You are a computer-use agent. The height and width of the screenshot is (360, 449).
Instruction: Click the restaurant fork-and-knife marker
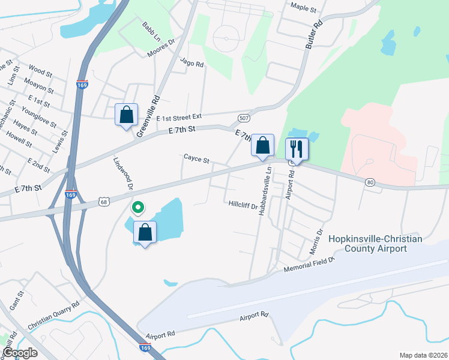(x=297, y=148)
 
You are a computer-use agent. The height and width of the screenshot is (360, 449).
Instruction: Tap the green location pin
(x=137, y=208)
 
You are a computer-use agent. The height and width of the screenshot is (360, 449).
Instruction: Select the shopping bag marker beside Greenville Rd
(x=126, y=114)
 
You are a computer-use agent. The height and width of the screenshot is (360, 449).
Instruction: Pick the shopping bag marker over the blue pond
(x=145, y=232)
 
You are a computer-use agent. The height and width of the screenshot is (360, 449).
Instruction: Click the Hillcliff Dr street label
(x=243, y=205)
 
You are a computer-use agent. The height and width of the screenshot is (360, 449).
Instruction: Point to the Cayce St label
(x=196, y=160)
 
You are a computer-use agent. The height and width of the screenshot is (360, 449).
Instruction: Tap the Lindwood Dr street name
(x=122, y=174)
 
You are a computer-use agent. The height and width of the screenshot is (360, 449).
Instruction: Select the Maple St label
(x=303, y=9)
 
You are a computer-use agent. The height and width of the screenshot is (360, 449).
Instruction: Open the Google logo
(x=20, y=353)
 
